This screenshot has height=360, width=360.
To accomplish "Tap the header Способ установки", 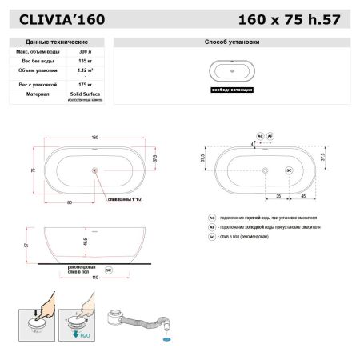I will (x=233, y=41).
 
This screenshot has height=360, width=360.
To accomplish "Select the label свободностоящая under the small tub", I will (x=233, y=90).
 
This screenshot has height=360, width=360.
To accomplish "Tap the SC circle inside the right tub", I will (x=288, y=170).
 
